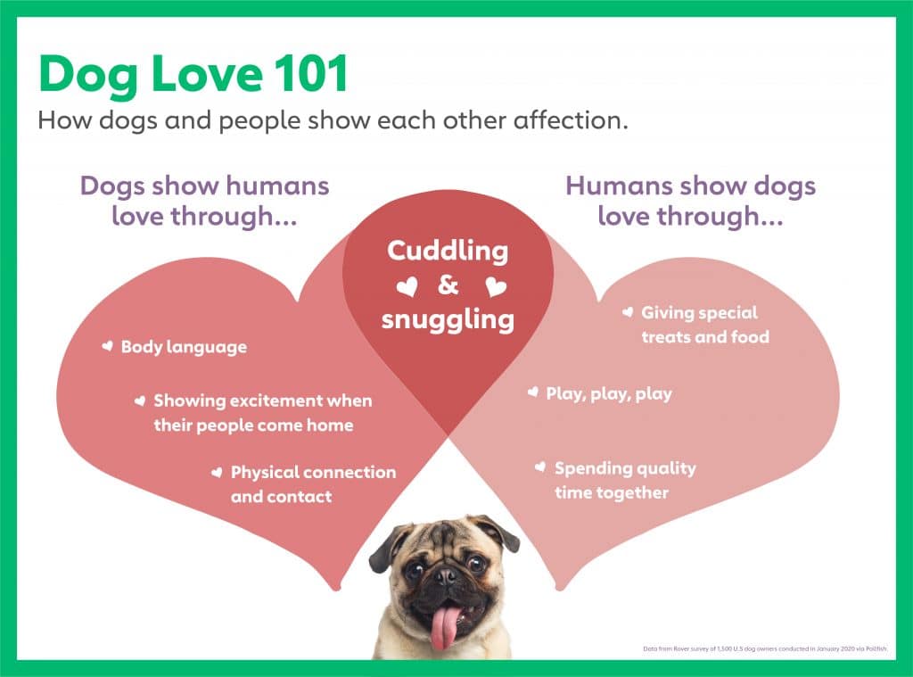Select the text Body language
[x=184, y=347]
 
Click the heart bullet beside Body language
[x=107, y=345]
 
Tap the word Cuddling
[x=448, y=251]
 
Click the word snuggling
[x=448, y=319]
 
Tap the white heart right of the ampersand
[x=496, y=287]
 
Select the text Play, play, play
[x=609, y=393]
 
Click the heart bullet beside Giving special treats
[x=627, y=312]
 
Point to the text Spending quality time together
[x=624, y=480]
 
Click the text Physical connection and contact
[x=312, y=483]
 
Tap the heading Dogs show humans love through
[x=204, y=201]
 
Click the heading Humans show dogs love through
[x=690, y=201]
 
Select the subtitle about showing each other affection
[x=333, y=120]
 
